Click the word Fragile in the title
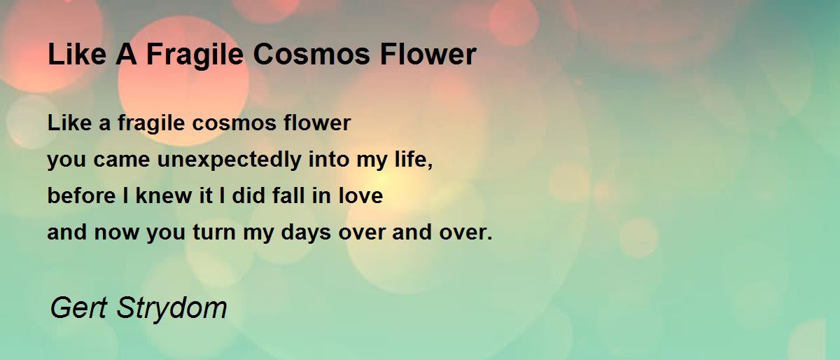point(195,55)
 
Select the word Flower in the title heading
point(428,54)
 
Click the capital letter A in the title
point(126,54)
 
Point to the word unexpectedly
point(230,159)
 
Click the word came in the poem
point(122,160)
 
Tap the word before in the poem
point(81,195)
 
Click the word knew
point(164,195)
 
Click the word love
point(360,195)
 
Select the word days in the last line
point(306,232)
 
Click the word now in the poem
point(117,233)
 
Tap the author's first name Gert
point(78,307)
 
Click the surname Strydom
point(171,308)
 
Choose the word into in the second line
point(328,159)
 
